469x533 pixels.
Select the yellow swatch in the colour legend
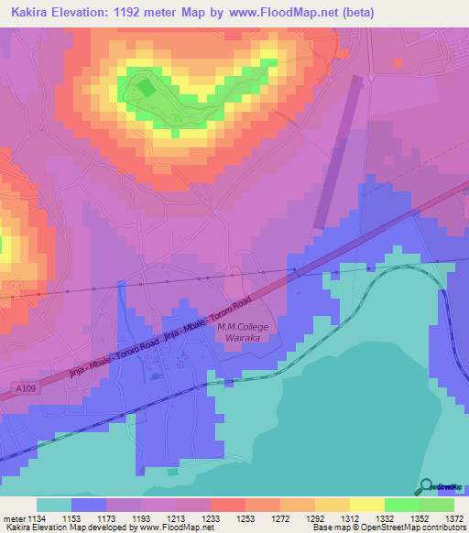(366, 505)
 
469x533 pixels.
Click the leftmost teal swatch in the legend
(54, 505)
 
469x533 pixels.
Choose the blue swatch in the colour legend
(89, 505)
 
